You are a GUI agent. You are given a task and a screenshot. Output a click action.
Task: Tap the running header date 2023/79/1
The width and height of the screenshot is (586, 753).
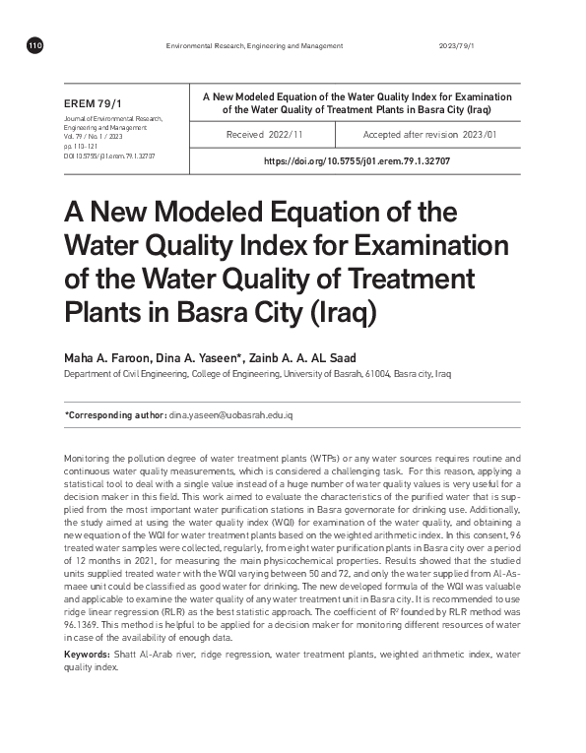point(455,46)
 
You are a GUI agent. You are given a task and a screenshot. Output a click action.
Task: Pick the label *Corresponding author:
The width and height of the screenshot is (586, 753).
point(115,416)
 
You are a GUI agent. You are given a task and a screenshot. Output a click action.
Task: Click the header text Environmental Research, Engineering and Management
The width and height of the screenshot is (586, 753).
point(254,46)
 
